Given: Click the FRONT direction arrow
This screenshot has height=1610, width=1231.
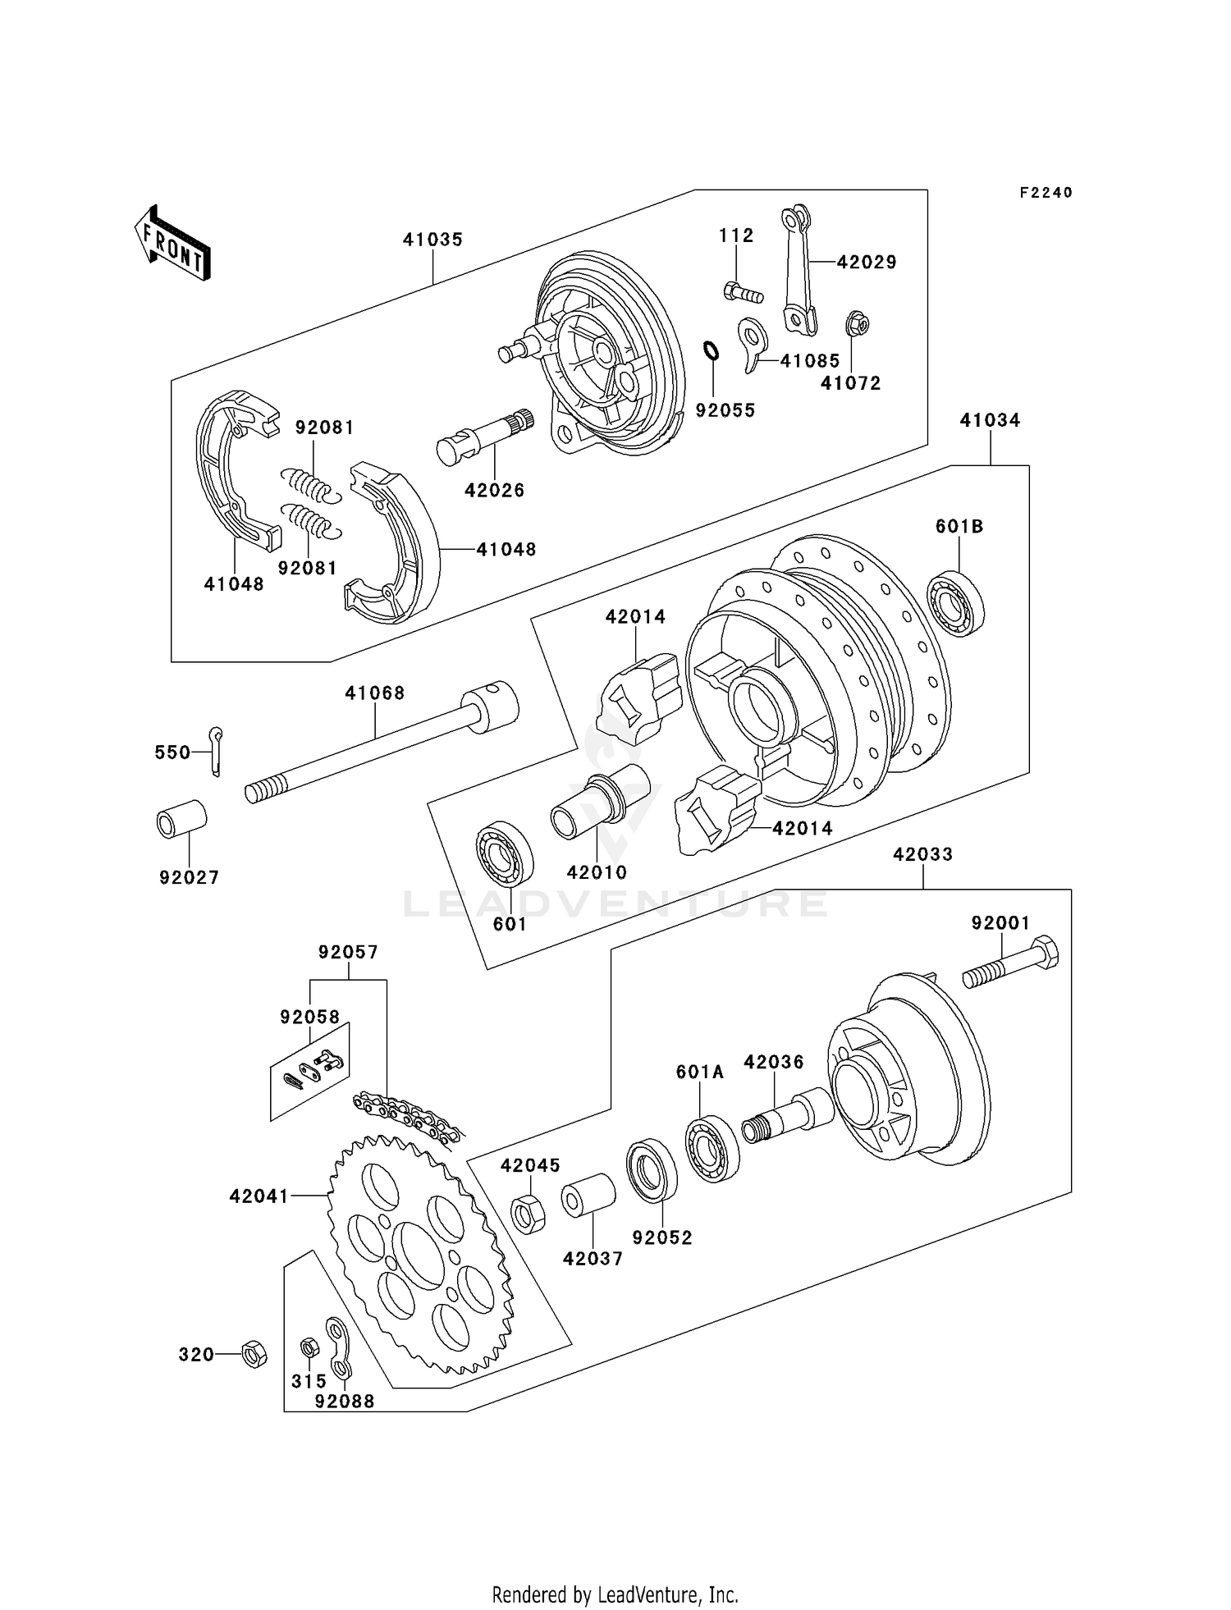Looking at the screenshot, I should pyautogui.click(x=173, y=243).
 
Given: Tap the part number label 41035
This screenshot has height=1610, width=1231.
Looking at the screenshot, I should pyautogui.click(x=432, y=240).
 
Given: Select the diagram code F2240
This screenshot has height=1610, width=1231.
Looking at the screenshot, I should pyautogui.click(x=1046, y=193).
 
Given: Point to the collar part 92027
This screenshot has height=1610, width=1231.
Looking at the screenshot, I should pyautogui.click(x=181, y=818).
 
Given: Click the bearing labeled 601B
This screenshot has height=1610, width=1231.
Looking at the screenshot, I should pyautogui.click(x=956, y=601).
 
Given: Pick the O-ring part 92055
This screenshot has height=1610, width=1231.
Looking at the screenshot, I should pyautogui.click(x=712, y=350).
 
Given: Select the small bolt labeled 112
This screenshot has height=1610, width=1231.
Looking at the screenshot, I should pyautogui.click(x=743, y=291).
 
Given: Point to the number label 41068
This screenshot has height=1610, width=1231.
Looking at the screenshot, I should pyautogui.click(x=375, y=693).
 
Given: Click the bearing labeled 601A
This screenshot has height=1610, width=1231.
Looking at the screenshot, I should pyautogui.click(x=712, y=1147).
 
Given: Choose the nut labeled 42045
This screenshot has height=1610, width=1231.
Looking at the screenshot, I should pyautogui.click(x=528, y=1214).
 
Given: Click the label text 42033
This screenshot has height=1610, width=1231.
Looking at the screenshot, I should pyautogui.click(x=922, y=854).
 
